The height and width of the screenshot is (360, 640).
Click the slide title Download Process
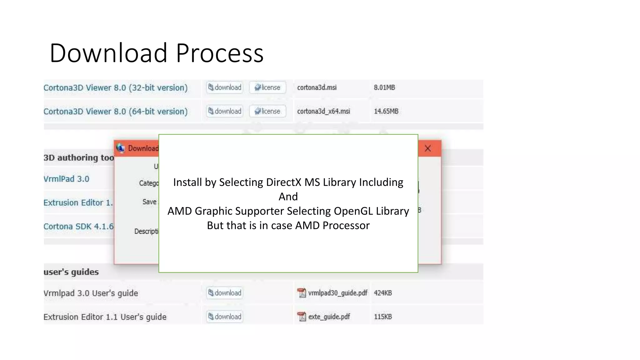click(x=156, y=53)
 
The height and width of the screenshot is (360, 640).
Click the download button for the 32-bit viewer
click(x=225, y=87)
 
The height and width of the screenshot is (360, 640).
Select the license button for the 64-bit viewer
click(x=267, y=111)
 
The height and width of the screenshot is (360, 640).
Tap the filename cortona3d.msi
click(x=317, y=87)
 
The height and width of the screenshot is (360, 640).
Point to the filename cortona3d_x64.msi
click(x=323, y=111)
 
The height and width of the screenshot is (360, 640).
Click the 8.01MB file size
click(x=384, y=87)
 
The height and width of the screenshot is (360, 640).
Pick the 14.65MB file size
click(x=386, y=111)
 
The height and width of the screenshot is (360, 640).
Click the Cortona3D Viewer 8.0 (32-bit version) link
click(x=115, y=88)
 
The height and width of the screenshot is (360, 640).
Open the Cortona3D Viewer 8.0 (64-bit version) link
click(x=115, y=112)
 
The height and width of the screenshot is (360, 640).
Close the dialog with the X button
click(x=428, y=148)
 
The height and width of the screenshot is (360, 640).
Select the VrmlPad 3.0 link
click(x=66, y=179)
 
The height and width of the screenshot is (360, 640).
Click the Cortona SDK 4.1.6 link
click(x=78, y=227)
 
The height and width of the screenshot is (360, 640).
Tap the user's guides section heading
click(x=71, y=272)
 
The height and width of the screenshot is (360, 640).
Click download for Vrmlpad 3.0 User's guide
click(x=225, y=293)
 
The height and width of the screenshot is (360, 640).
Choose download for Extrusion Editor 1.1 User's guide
click(x=225, y=317)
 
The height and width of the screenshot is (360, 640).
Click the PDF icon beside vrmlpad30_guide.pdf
click(x=302, y=293)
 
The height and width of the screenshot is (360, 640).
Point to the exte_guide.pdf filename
click(x=329, y=317)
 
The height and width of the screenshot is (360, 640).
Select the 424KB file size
click(x=383, y=293)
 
